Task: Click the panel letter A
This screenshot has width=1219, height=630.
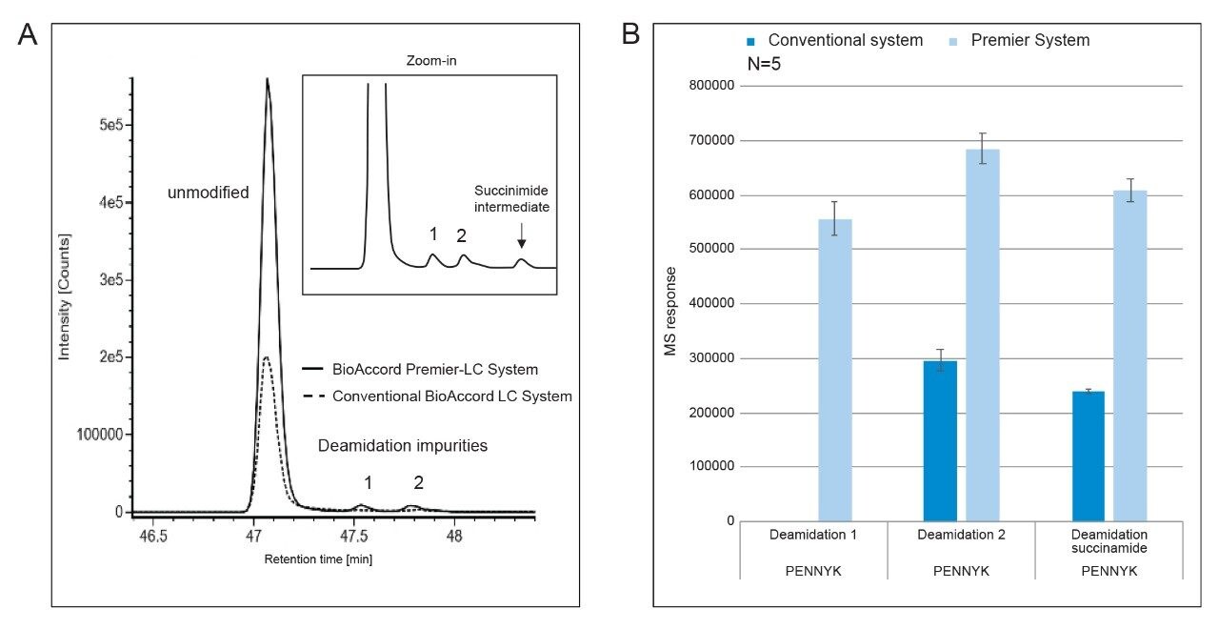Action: (28, 35)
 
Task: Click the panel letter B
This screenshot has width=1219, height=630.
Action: (631, 35)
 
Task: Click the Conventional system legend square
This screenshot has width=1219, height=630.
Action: (751, 41)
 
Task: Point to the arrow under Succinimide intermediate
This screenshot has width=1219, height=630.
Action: (521, 236)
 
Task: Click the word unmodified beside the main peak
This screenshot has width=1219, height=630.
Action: (208, 193)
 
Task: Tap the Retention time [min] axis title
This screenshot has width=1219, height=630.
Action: (318, 559)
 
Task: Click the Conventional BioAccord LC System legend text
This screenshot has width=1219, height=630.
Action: (451, 396)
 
